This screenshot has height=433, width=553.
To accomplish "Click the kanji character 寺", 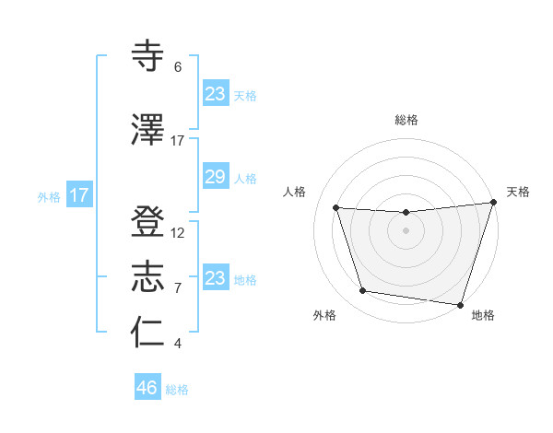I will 148,57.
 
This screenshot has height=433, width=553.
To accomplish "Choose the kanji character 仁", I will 148,333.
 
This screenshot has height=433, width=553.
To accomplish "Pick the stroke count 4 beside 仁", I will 177,344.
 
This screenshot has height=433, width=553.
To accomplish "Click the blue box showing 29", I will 215,177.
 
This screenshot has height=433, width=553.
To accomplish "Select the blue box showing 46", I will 147,388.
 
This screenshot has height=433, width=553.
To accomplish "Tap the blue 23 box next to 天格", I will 215,93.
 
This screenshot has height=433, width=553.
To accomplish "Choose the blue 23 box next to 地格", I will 215,277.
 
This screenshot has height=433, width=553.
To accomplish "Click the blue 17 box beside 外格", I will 78,195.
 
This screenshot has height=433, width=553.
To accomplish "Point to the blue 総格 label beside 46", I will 177,390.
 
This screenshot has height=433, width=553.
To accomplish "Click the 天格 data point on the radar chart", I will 493,203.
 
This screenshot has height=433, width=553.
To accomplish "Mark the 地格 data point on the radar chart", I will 460,304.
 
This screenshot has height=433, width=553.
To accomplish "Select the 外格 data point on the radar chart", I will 363,291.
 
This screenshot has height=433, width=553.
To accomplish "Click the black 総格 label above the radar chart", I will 406,120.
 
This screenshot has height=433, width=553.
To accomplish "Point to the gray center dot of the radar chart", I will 406,231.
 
